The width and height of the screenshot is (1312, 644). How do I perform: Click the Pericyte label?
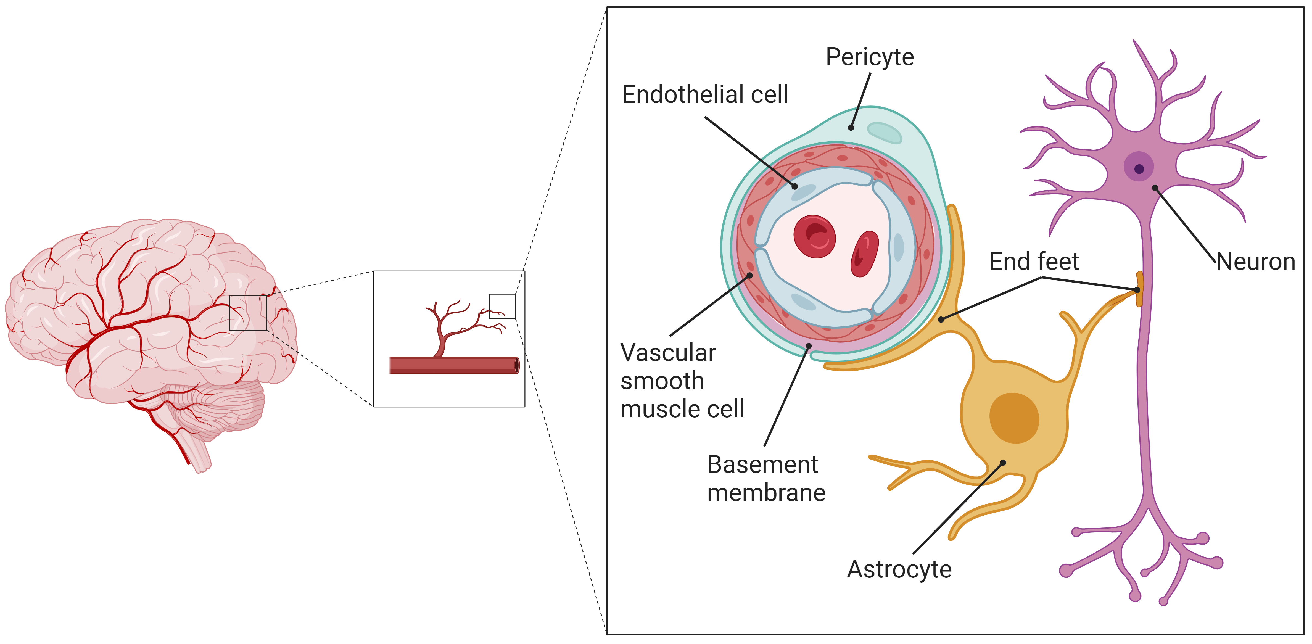(869, 57)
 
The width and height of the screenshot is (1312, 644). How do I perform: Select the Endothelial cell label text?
(705, 95)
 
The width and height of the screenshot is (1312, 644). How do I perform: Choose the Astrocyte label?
(899, 569)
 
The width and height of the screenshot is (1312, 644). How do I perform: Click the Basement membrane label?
(765, 478)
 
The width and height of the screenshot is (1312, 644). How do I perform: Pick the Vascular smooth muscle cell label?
(682, 381)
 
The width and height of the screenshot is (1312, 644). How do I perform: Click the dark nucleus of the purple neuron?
(1139, 169)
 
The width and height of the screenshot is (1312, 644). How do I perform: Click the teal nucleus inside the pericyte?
(884, 133)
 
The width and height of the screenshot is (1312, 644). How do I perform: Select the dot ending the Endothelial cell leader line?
(794, 186)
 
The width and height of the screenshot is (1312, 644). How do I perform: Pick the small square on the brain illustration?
(248, 312)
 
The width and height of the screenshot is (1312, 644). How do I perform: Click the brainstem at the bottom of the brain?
(199, 453)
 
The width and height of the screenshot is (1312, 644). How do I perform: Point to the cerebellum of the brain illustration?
(224, 408)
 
